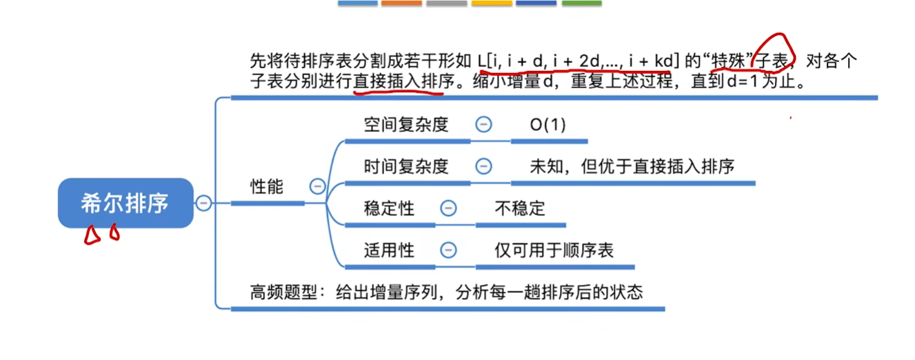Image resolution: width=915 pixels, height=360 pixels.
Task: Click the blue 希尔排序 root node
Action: [x=125, y=203]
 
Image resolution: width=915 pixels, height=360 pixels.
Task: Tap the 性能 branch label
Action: [x=266, y=187]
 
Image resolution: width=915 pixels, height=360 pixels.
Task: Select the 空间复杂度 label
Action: [x=406, y=125]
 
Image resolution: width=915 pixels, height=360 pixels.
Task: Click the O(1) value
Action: [x=547, y=126]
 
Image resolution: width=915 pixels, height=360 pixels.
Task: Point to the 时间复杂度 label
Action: [x=406, y=166]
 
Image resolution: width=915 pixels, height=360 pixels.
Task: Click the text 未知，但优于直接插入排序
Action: [x=632, y=166]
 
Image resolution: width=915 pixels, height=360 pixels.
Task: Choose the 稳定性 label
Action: [x=389, y=208]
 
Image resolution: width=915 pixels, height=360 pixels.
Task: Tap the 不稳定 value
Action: [x=519, y=208]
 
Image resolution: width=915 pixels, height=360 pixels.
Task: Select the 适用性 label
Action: [x=389, y=250]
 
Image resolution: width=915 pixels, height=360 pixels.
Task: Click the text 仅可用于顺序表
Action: [x=554, y=250]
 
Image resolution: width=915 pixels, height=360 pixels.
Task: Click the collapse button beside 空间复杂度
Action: [x=483, y=125]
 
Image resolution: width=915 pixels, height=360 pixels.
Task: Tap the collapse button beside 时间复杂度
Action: [x=483, y=166]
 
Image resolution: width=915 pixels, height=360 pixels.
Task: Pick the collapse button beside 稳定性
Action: [x=448, y=208]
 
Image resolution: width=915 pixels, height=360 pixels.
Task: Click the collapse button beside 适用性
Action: [x=448, y=250]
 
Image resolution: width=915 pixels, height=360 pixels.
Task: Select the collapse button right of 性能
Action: [x=317, y=187]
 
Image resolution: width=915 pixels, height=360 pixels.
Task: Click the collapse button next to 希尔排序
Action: [x=203, y=203]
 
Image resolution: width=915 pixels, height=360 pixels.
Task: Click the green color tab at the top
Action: [x=581, y=3]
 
